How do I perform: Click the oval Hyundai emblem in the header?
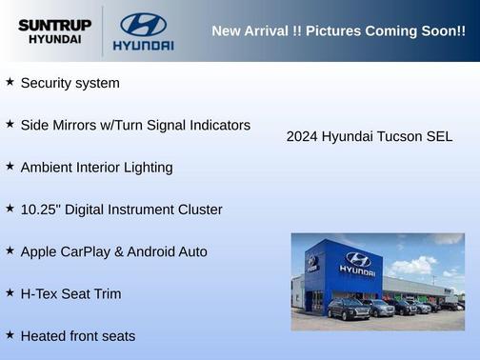click(x=143, y=25)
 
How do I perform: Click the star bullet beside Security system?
click(x=10, y=82)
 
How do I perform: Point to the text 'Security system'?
click(x=70, y=84)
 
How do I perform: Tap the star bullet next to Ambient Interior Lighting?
click(x=10, y=166)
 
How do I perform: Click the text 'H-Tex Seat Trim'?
click(x=70, y=293)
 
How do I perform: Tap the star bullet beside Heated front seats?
click(x=10, y=334)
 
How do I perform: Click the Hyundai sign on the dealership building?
click(x=357, y=264)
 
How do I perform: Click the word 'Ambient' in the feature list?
click(x=48, y=168)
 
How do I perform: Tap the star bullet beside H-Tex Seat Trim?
click(x=10, y=292)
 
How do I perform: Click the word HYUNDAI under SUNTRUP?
click(x=54, y=40)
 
